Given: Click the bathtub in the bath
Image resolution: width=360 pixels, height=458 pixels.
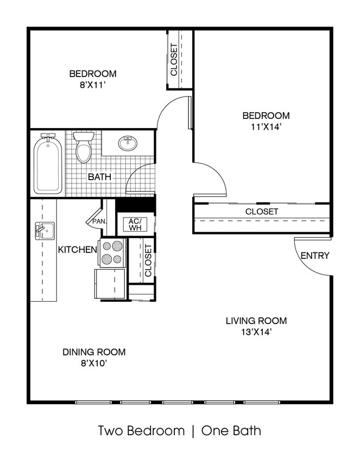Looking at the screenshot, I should click(48, 165).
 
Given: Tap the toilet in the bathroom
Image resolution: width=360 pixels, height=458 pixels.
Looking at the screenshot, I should click(83, 148).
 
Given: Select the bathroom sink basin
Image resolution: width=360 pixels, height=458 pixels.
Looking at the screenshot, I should click(128, 144).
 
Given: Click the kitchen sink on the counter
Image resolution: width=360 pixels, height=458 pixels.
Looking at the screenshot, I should click(43, 230).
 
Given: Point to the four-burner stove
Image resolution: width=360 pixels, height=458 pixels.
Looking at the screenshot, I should click(112, 253).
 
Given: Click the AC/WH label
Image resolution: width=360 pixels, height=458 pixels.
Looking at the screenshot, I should click(134, 224).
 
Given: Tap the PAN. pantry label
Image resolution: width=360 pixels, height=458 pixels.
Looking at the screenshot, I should click(99, 221).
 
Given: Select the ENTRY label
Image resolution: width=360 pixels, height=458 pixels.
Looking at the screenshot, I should click(314, 256).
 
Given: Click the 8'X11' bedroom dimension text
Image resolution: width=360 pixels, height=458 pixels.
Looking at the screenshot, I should click(92, 84).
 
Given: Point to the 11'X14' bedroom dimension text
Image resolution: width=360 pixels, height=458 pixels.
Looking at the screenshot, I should click(266, 126).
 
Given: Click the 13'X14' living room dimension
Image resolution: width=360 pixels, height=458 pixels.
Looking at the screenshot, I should click(256, 332).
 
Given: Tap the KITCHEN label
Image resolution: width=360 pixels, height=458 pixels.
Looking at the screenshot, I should click(78, 250).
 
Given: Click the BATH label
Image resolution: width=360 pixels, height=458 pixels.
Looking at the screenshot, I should click(100, 176).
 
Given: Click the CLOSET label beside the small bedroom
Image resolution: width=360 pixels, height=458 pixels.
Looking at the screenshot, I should click(174, 60).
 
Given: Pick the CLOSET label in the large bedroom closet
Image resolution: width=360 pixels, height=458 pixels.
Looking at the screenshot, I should click(261, 211).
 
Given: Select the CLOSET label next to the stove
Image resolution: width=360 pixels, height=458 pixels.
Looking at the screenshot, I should click(148, 260).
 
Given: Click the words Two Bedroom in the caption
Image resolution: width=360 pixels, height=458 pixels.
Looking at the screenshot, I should click(141, 431).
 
